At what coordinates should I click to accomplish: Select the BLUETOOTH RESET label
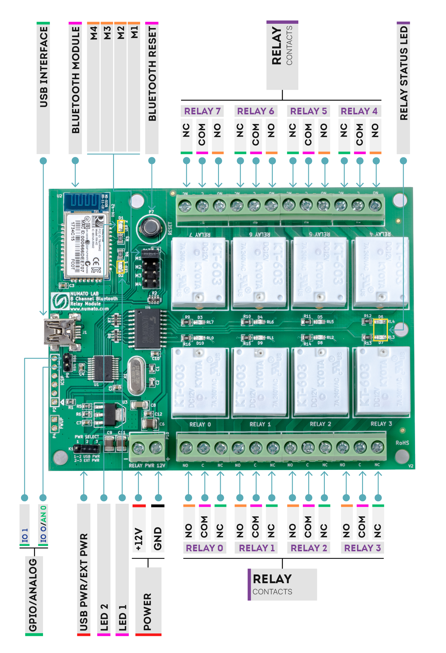click(x=152, y=74)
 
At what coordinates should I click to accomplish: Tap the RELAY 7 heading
click(x=202, y=111)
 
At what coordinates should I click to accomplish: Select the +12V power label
click(x=139, y=539)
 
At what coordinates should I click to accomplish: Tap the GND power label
click(x=158, y=539)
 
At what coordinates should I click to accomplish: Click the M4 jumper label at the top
click(x=94, y=33)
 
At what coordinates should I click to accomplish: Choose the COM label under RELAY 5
click(x=308, y=134)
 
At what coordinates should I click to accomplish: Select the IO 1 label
click(x=25, y=535)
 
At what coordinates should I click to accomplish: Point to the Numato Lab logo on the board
click(x=60, y=301)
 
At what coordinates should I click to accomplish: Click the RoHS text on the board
click(x=402, y=443)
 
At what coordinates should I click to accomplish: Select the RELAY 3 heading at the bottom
click(x=362, y=548)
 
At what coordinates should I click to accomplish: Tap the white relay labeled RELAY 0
click(x=198, y=382)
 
